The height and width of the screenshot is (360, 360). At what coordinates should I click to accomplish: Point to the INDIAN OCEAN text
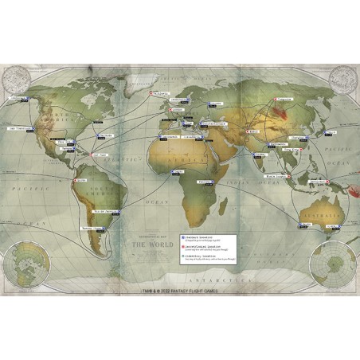pyautogui.click(x=247, y=195)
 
